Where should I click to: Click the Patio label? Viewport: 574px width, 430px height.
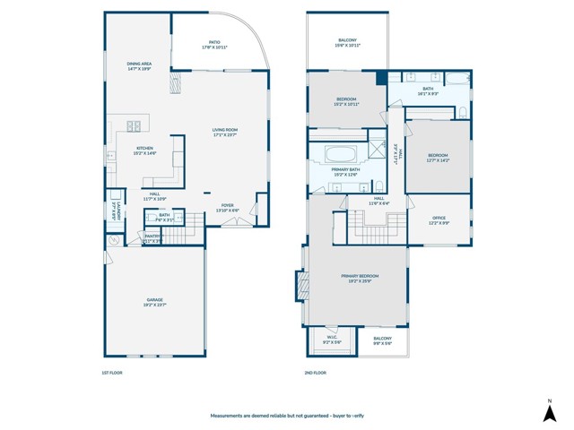(x=214, y=41)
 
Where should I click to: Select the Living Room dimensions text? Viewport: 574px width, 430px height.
(x=224, y=135)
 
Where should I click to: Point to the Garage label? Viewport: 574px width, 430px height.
(x=155, y=299)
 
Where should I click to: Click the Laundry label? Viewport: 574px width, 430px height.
(x=115, y=210)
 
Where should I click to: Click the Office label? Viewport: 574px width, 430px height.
(x=439, y=218)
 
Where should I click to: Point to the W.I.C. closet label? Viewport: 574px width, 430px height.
(x=332, y=338)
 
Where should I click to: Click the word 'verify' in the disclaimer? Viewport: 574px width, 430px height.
(x=353, y=416)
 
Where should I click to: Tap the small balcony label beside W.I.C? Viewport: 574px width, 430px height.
(x=382, y=338)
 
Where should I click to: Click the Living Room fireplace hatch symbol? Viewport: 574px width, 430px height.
(x=176, y=84)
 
